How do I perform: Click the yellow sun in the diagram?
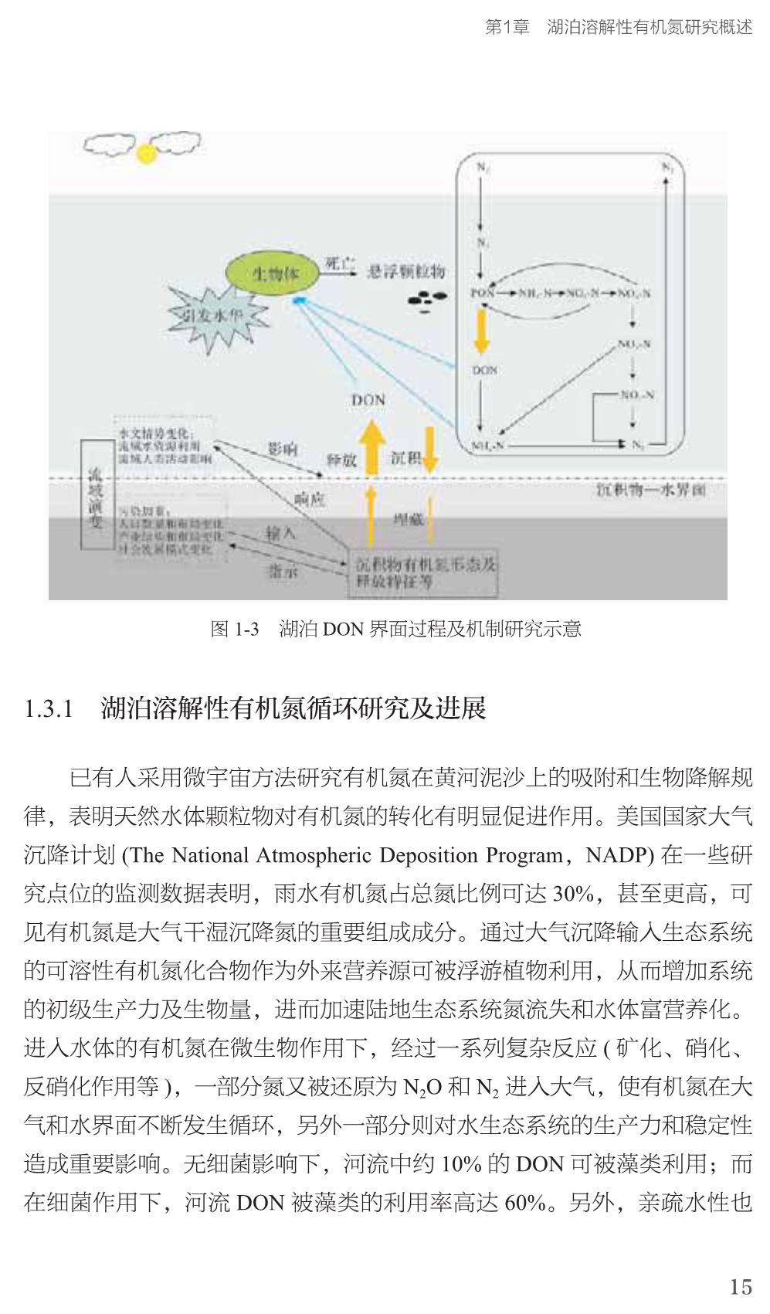pos(146,153)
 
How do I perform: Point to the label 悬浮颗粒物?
pos(405,271)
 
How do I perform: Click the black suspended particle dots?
pos(427,300)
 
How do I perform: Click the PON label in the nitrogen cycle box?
pos(483,294)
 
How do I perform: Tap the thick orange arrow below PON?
pos(483,329)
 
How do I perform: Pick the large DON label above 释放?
pos(368,400)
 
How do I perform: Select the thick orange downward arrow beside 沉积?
pos(430,449)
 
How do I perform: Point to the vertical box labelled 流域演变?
pos(97,494)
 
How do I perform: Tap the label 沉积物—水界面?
pos(650,490)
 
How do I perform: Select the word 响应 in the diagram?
pos(309,500)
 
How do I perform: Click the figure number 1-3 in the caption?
pos(246,629)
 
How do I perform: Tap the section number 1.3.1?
pos(49,708)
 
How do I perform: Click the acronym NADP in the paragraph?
pos(619,855)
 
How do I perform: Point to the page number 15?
pos(740,1286)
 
